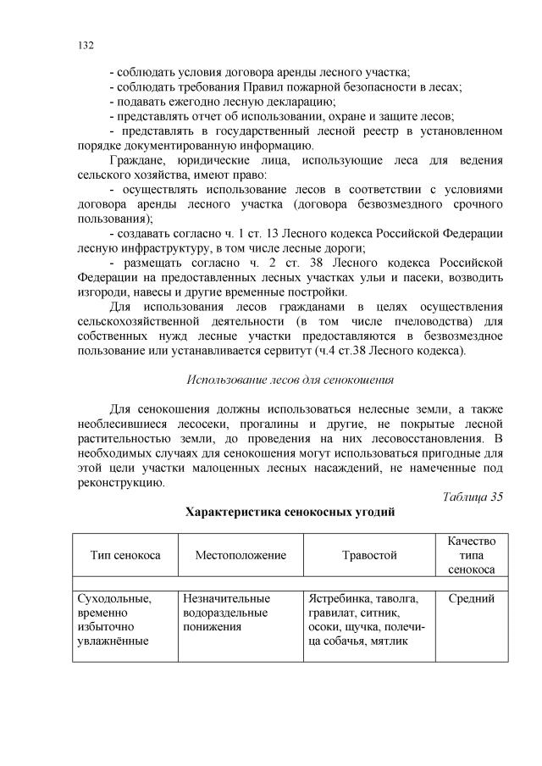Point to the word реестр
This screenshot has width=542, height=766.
click(x=340, y=131)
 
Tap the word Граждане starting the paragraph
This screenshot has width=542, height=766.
click(x=135, y=160)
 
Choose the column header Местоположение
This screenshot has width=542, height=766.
click(x=241, y=555)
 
